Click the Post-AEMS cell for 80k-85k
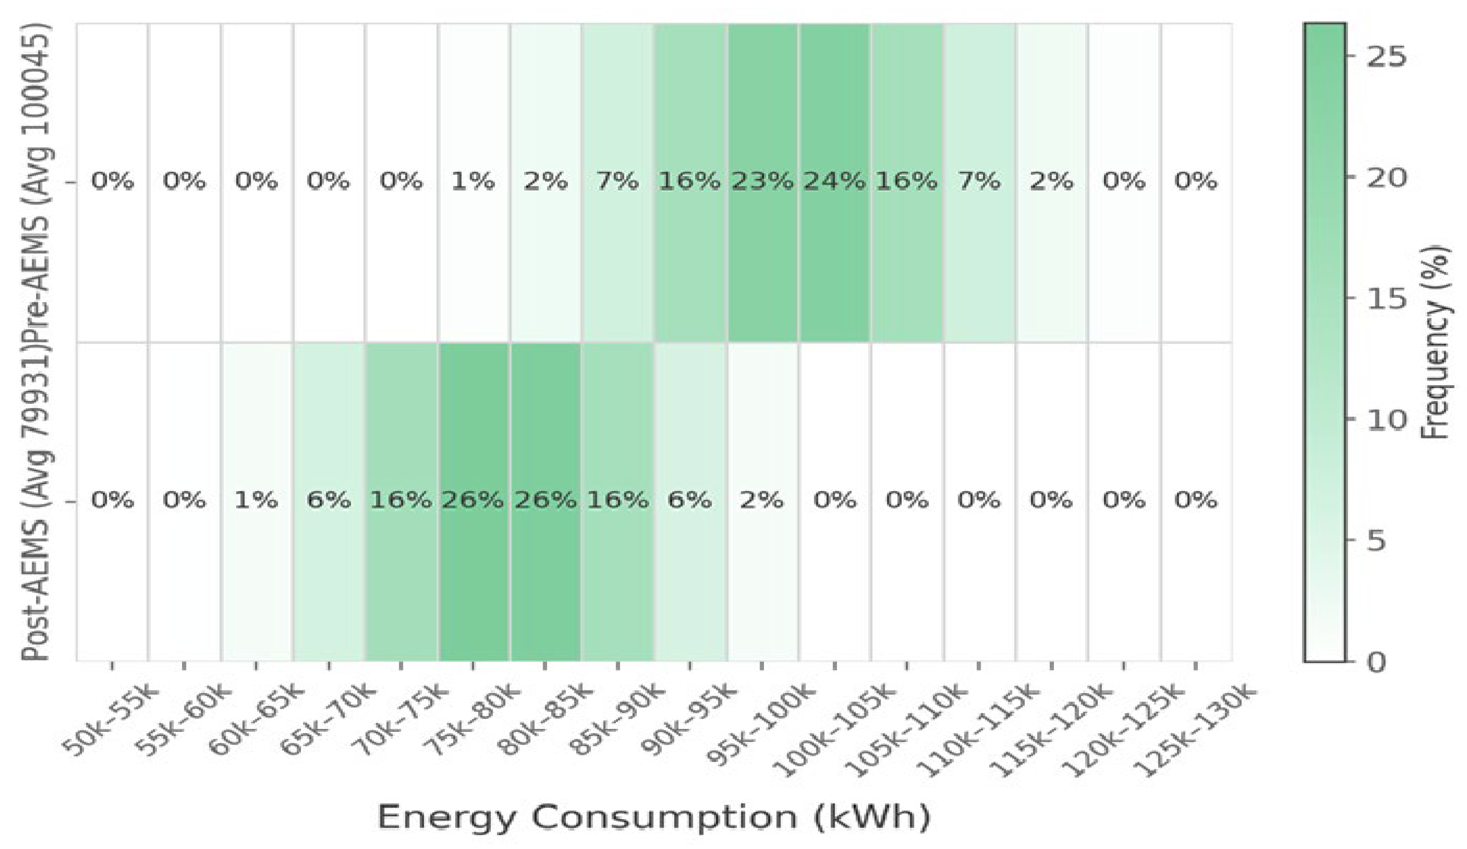tap(546, 500)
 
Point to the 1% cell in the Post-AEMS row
tap(256, 500)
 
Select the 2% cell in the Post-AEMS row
tap(762, 500)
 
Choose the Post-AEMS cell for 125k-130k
tap(1196, 500)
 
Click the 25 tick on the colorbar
tap(1385, 57)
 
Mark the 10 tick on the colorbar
tap(1385, 419)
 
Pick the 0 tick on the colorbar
tap(1377, 662)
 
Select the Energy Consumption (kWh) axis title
tap(653, 816)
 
